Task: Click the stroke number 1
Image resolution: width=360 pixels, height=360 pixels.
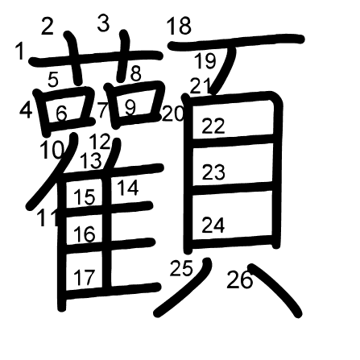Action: (20, 52)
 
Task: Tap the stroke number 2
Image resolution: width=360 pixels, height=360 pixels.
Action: (48, 27)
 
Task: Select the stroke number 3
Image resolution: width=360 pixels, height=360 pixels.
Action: (103, 23)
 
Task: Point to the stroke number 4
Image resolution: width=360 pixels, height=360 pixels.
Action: (26, 110)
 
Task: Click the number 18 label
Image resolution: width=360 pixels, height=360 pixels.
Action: (179, 26)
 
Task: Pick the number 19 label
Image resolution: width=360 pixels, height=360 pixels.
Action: (205, 61)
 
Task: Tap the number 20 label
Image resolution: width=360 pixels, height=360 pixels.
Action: (173, 114)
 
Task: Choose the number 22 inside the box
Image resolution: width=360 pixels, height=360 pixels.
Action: (213, 126)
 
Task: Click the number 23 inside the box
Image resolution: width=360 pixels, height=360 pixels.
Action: (213, 172)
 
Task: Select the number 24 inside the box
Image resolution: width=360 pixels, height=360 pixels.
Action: (213, 225)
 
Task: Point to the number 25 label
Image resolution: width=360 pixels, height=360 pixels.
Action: (181, 268)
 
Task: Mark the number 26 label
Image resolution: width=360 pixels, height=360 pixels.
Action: (240, 280)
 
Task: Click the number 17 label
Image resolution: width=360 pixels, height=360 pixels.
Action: (85, 278)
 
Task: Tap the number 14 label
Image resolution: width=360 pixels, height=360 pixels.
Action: (128, 188)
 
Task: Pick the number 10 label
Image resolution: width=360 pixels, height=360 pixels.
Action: (52, 150)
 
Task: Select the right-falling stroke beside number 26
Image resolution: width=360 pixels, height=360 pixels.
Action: (275, 291)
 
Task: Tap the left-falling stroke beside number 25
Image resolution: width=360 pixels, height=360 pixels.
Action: (184, 288)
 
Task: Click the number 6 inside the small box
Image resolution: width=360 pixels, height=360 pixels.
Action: (61, 113)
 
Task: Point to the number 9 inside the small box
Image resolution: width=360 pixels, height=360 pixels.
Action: (130, 108)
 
